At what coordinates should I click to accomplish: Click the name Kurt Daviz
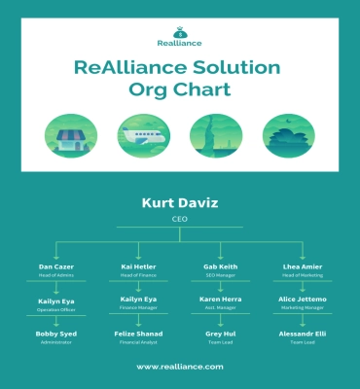point(180,204)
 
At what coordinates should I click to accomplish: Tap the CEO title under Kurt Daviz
point(180,220)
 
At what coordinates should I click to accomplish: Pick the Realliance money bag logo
point(180,33)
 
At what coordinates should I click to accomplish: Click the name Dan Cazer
point(56,266)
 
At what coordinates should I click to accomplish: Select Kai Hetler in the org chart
point(138,266)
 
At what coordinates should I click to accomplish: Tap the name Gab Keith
point(221,266)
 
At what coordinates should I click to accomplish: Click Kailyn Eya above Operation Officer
point(56,300)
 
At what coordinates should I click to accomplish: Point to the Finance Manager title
point(138,310)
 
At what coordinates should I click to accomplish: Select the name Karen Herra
point(221,300)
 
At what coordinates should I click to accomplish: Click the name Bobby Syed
point(56,334)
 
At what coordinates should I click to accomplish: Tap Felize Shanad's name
point(138,334)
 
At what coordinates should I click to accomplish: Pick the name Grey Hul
point(221,334)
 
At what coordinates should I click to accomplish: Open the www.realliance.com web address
point(180,367)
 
